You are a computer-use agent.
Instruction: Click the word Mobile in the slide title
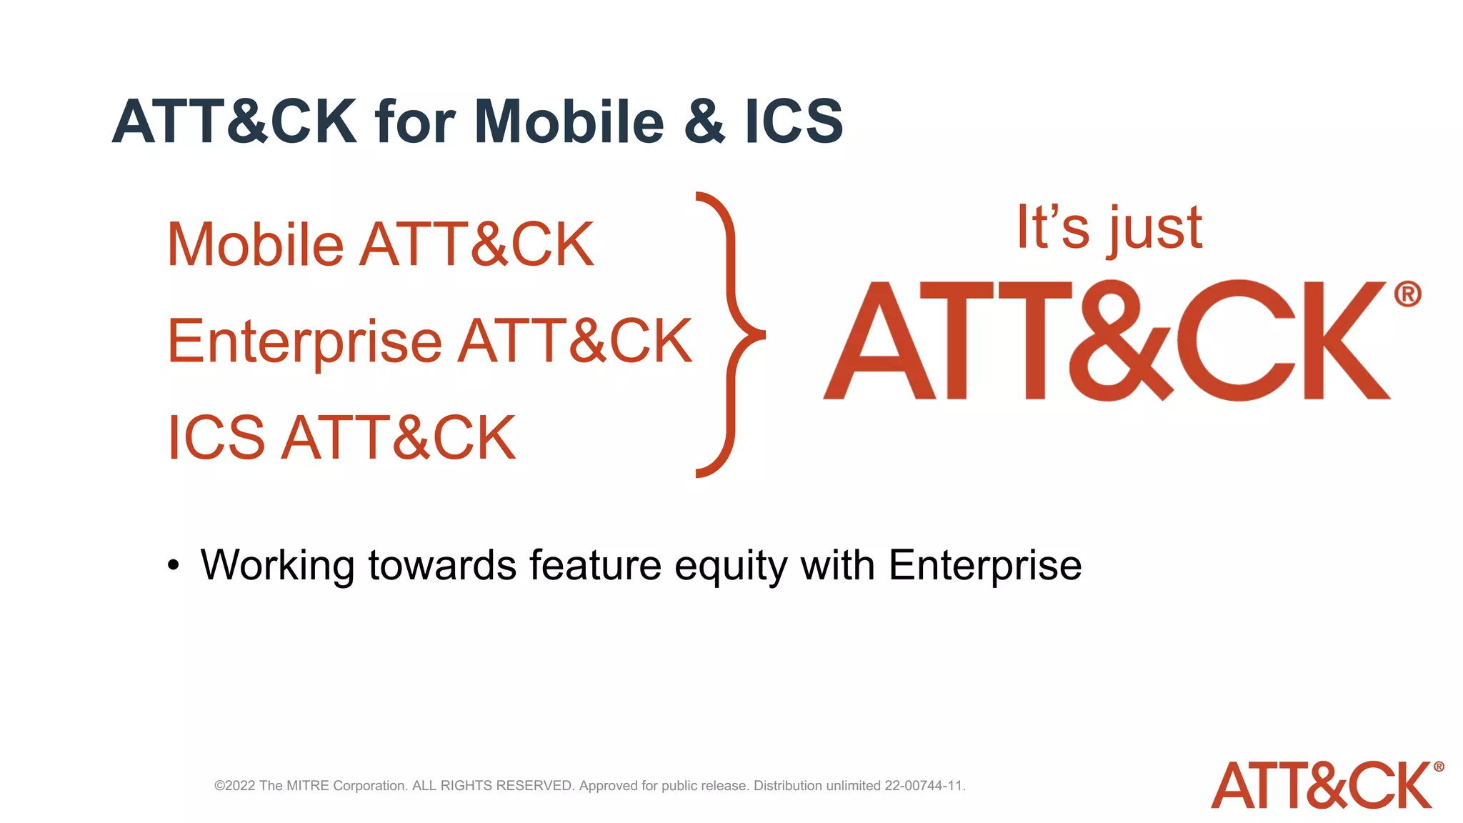click(569, 121)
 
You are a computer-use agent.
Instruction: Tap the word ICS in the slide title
click(794, 121)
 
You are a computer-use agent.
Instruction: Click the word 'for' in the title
click(415, 121)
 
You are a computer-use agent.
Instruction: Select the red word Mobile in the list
click(255, 245)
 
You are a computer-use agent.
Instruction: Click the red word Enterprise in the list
click(304, 342)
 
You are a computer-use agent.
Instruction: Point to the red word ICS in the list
click(216, 438)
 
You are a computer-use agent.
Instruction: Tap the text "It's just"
click(1109, 229)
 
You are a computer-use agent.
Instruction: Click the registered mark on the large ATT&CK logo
click(1407, 294)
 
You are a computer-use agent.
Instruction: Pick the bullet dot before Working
click(174, 566)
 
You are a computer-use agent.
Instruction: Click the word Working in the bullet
click(277, 566)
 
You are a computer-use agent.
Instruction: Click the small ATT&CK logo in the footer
click(1325, 785)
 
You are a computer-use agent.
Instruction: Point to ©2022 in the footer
click(234, 786)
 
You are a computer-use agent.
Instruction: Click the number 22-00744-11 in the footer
click(924, 786)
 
